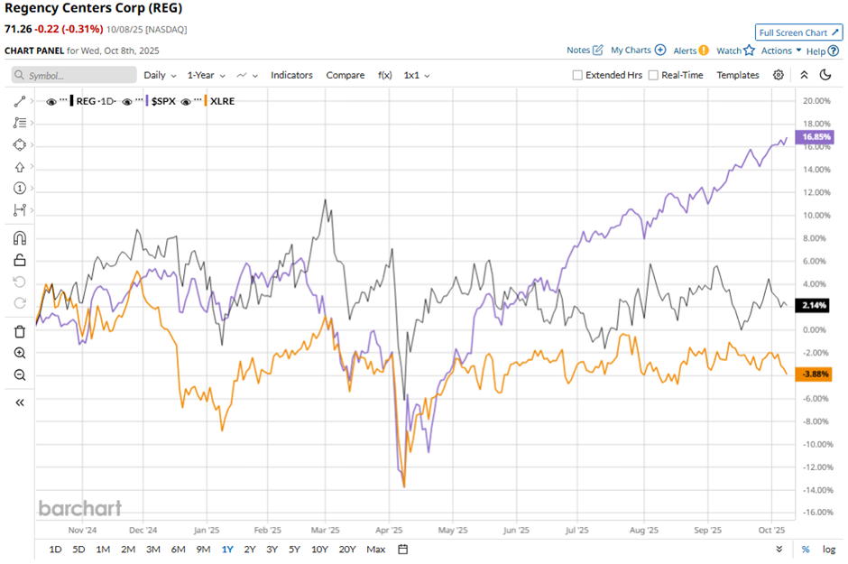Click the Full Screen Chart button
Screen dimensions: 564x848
click(x=798, y=32)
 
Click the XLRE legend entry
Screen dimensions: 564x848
click(x=220, y=101)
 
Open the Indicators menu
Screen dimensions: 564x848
click(x=291, y=75)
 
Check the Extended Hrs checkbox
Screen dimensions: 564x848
click(x=577, y=76)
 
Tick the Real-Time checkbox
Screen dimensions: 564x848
click(x=654, y=76)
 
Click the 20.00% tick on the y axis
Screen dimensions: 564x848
click(x=815, y=100)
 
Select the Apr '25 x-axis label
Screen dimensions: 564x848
click(x=389, y=531)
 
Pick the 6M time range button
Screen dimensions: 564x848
click(x=178, y=550)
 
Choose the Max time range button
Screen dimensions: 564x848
click(x=376, y=550)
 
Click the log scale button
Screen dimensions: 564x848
click(x=829, y=550)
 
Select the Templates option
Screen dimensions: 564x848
click(x=738, y=75)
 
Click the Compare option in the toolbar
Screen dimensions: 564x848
click(x=345, y=75)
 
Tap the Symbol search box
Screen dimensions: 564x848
click(x=77, y=76)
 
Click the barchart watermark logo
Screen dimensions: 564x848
click(x=79, y=508)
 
